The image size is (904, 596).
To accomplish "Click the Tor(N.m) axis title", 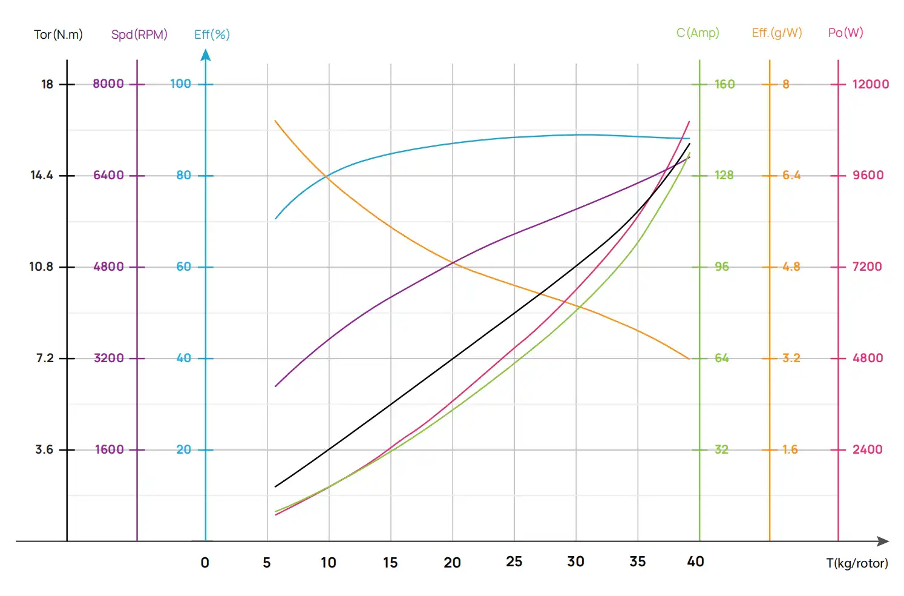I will click(x=58, y=35).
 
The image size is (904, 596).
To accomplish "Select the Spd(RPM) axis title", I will click(x=139, y=35).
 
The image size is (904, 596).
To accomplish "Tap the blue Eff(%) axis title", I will click(x=212, y=35).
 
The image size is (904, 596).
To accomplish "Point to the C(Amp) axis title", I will click(x=698, y=33).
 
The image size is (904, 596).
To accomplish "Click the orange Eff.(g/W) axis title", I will click(x=777, y=33).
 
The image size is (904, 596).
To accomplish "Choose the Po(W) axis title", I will click(x=845, y=33).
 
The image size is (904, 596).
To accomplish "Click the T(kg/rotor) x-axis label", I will click(x=857, y=563).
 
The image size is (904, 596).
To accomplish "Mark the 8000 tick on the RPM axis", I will click(x=108, y=84).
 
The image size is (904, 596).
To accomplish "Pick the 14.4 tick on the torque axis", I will click(x=42, y=175).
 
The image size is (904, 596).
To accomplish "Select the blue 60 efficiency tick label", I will click(x=183, y=267).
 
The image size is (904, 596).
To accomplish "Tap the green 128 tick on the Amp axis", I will click(x=724, y=175).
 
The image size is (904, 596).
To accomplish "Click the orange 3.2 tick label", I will click(x=791, y=358).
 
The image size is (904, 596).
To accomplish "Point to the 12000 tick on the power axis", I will click(x=870, y=84).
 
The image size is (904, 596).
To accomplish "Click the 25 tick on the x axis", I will click(x=514, y=561).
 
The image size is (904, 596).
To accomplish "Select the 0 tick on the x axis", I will click(x=205, y=563).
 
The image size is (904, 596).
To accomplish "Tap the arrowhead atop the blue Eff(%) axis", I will click(x=206, y=56).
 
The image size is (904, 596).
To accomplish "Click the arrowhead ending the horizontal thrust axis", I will click(x=883, y=541).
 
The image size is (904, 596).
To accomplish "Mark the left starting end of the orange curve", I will click(x=275, y=121).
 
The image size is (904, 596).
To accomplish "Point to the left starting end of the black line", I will click(x=275, y=486).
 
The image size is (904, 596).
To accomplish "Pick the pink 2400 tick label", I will click(x=867, y=449).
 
